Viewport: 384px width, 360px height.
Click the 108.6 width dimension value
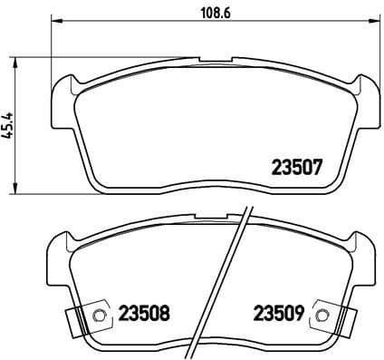211,14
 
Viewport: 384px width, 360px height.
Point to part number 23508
144,315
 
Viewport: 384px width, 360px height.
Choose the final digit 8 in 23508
164,315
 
